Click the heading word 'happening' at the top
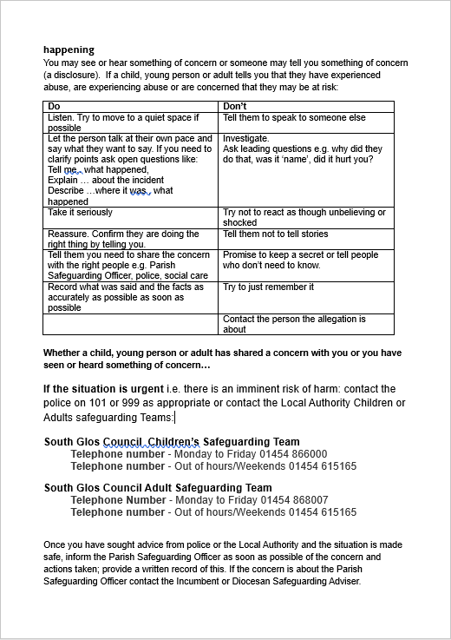tap(69, 49)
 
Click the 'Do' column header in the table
tap(54, 106)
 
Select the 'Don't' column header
tap(235, 106)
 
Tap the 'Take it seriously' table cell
tap(80, 213)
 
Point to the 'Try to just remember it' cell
tap(268, 287)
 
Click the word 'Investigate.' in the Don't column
tap(246, 138)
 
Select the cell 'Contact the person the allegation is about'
tap(294, 324)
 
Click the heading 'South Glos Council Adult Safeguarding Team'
tap(158, 488)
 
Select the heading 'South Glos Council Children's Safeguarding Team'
tap(172, 442)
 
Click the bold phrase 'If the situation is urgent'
tap(102, 388)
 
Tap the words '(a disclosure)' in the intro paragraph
tap(73, 75)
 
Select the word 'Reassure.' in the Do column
tap(68, 234)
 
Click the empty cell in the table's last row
tap(130, 324)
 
